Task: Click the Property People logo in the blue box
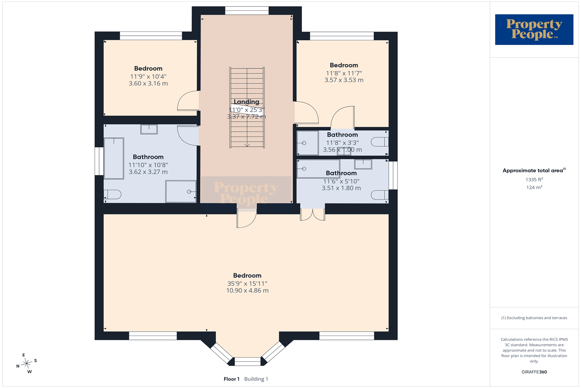(534, 29)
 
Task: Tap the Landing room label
(246, 102)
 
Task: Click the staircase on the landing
(247, 107)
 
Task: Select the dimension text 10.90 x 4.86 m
(247, 291)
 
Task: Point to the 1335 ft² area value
(534, 179)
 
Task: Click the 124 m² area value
(534, 187)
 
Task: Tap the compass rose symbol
(26, 363)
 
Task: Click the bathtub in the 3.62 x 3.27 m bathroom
(114, 158)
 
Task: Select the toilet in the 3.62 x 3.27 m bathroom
(113, 194)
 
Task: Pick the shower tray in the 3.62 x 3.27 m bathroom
(181, 191)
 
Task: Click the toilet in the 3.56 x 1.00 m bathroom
(380, 142)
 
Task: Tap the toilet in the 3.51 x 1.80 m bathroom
(380, 195)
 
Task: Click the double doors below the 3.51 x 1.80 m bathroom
(313, 215)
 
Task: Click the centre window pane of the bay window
(248, 362)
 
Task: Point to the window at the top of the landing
(247, 10)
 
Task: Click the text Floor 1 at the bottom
(231, 379)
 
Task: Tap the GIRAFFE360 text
(534, 372)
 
